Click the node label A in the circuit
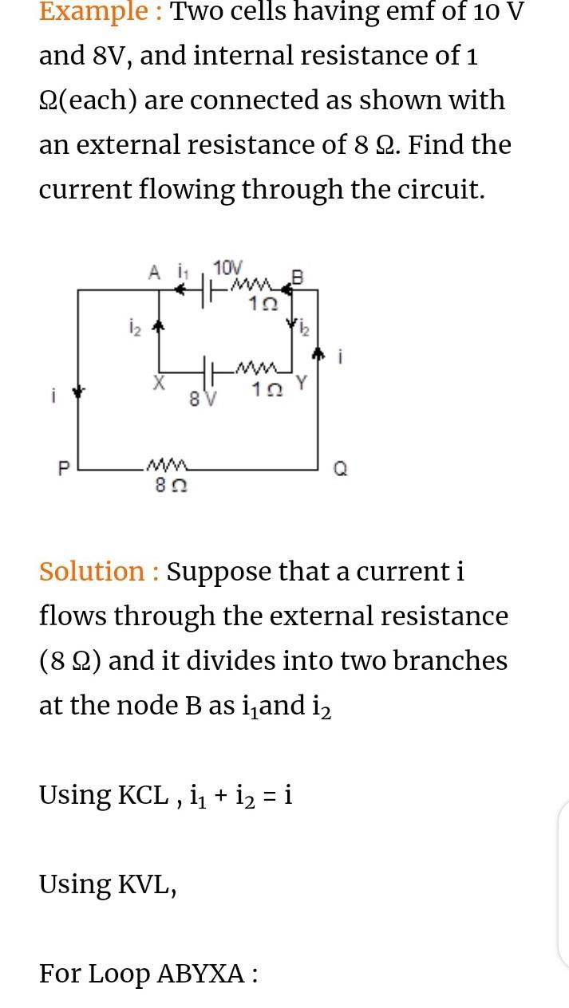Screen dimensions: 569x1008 coord(154,272)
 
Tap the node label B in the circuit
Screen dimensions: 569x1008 coord(298,278)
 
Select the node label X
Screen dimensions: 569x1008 coord(158,384)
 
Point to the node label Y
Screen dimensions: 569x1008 coord(302,384)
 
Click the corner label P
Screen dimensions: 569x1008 coord(65,470)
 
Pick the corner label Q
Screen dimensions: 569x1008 coord(340,470)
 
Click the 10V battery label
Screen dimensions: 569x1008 coord(227,268)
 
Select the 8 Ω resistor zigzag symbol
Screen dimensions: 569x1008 coord(167,465)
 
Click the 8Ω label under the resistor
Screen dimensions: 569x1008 coord(171,485)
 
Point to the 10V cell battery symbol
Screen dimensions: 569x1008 coord(207,290)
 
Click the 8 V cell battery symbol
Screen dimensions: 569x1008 coord(209,372)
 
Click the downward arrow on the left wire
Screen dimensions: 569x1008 coord(78,392)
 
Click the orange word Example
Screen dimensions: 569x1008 coord(93,12)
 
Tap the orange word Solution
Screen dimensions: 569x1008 coord(92,572)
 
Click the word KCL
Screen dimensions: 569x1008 coord(144,796)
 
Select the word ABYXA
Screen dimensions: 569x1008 coord(201,975)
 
